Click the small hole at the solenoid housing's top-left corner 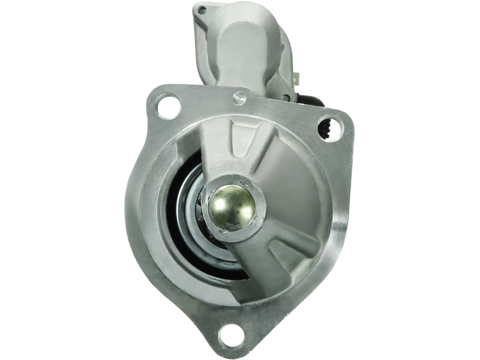(202, 10)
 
